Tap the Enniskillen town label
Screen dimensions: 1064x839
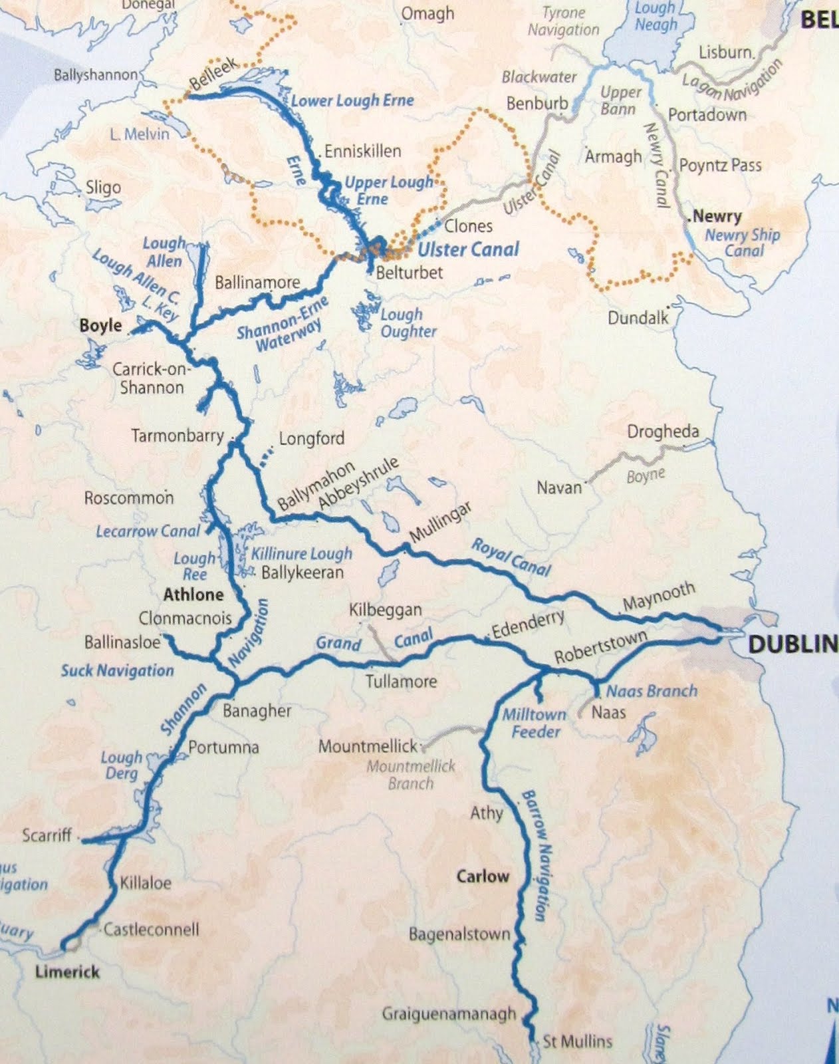(362, 151)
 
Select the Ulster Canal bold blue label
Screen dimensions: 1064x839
(468, 249)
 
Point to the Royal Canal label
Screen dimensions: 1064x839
(511, 557)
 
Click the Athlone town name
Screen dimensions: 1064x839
(193, 594)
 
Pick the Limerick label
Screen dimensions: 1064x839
(67, 972)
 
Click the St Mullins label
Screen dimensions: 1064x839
(577, 1041)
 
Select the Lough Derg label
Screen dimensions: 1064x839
(121, 765)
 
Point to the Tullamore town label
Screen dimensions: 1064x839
(401, 681)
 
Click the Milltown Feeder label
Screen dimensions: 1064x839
(535, 723)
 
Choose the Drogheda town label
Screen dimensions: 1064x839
(663, 432)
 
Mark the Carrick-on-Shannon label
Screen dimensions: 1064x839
(151, 378)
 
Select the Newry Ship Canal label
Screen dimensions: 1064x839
(743, 242)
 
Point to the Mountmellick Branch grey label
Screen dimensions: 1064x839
(411, 774)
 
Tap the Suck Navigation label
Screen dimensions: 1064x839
(117, 670)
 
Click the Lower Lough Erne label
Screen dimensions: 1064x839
(352, 101)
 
